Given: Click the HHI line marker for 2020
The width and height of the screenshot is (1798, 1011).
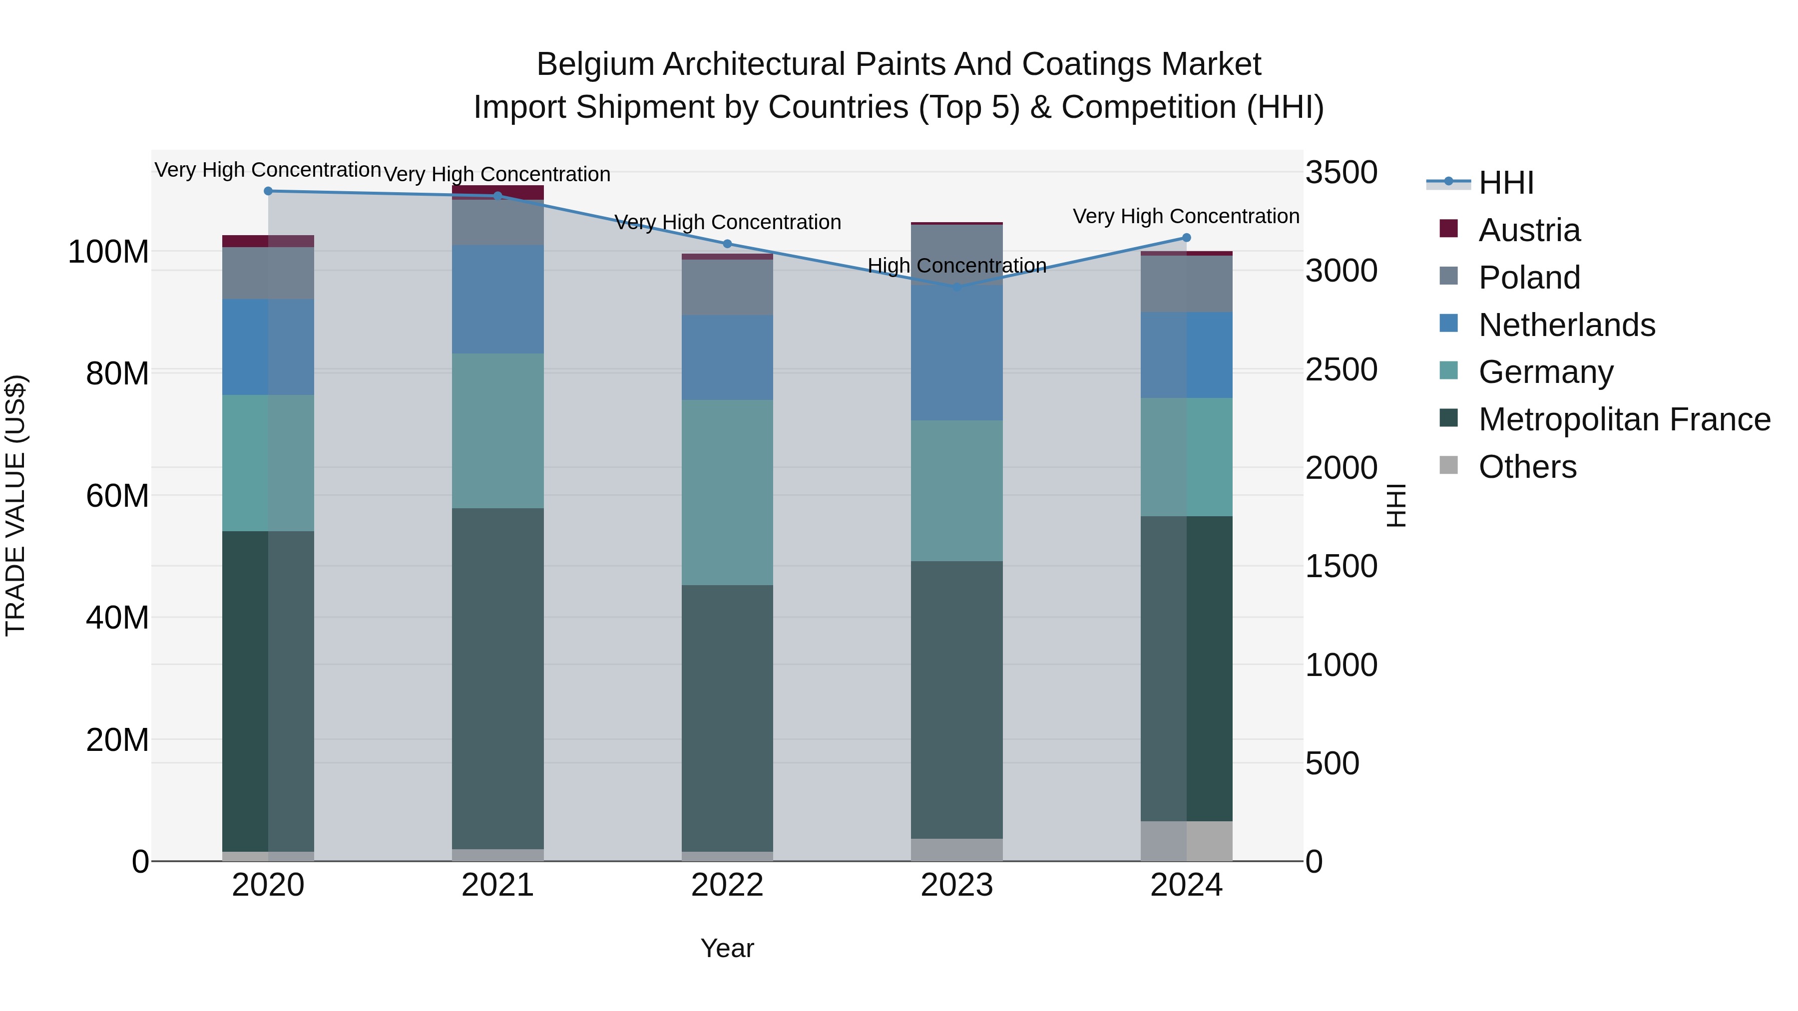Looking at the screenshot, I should coord(268,191).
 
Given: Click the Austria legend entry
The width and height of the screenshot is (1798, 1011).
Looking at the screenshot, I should coord(1529,230).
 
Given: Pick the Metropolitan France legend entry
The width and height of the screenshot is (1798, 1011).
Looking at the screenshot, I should coord(1624,419).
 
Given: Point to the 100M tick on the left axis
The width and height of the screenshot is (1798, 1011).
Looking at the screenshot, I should coord(108,252).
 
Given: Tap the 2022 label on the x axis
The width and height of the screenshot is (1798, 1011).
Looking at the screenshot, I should coord(727,885).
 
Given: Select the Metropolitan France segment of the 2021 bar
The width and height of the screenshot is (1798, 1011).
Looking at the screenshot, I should coord(497,678).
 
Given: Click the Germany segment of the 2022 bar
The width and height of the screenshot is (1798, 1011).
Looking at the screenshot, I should coord(727,493).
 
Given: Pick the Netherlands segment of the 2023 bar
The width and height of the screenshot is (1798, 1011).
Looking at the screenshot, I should coord(957,353).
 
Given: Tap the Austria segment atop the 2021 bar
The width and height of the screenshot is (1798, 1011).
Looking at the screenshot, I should coord(497,192).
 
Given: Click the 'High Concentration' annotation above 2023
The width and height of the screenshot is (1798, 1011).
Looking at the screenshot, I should coord(957,266).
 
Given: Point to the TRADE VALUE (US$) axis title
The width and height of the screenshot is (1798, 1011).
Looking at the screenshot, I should coord(15,505).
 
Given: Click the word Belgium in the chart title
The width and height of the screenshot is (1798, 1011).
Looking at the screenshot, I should coord(595,65).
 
